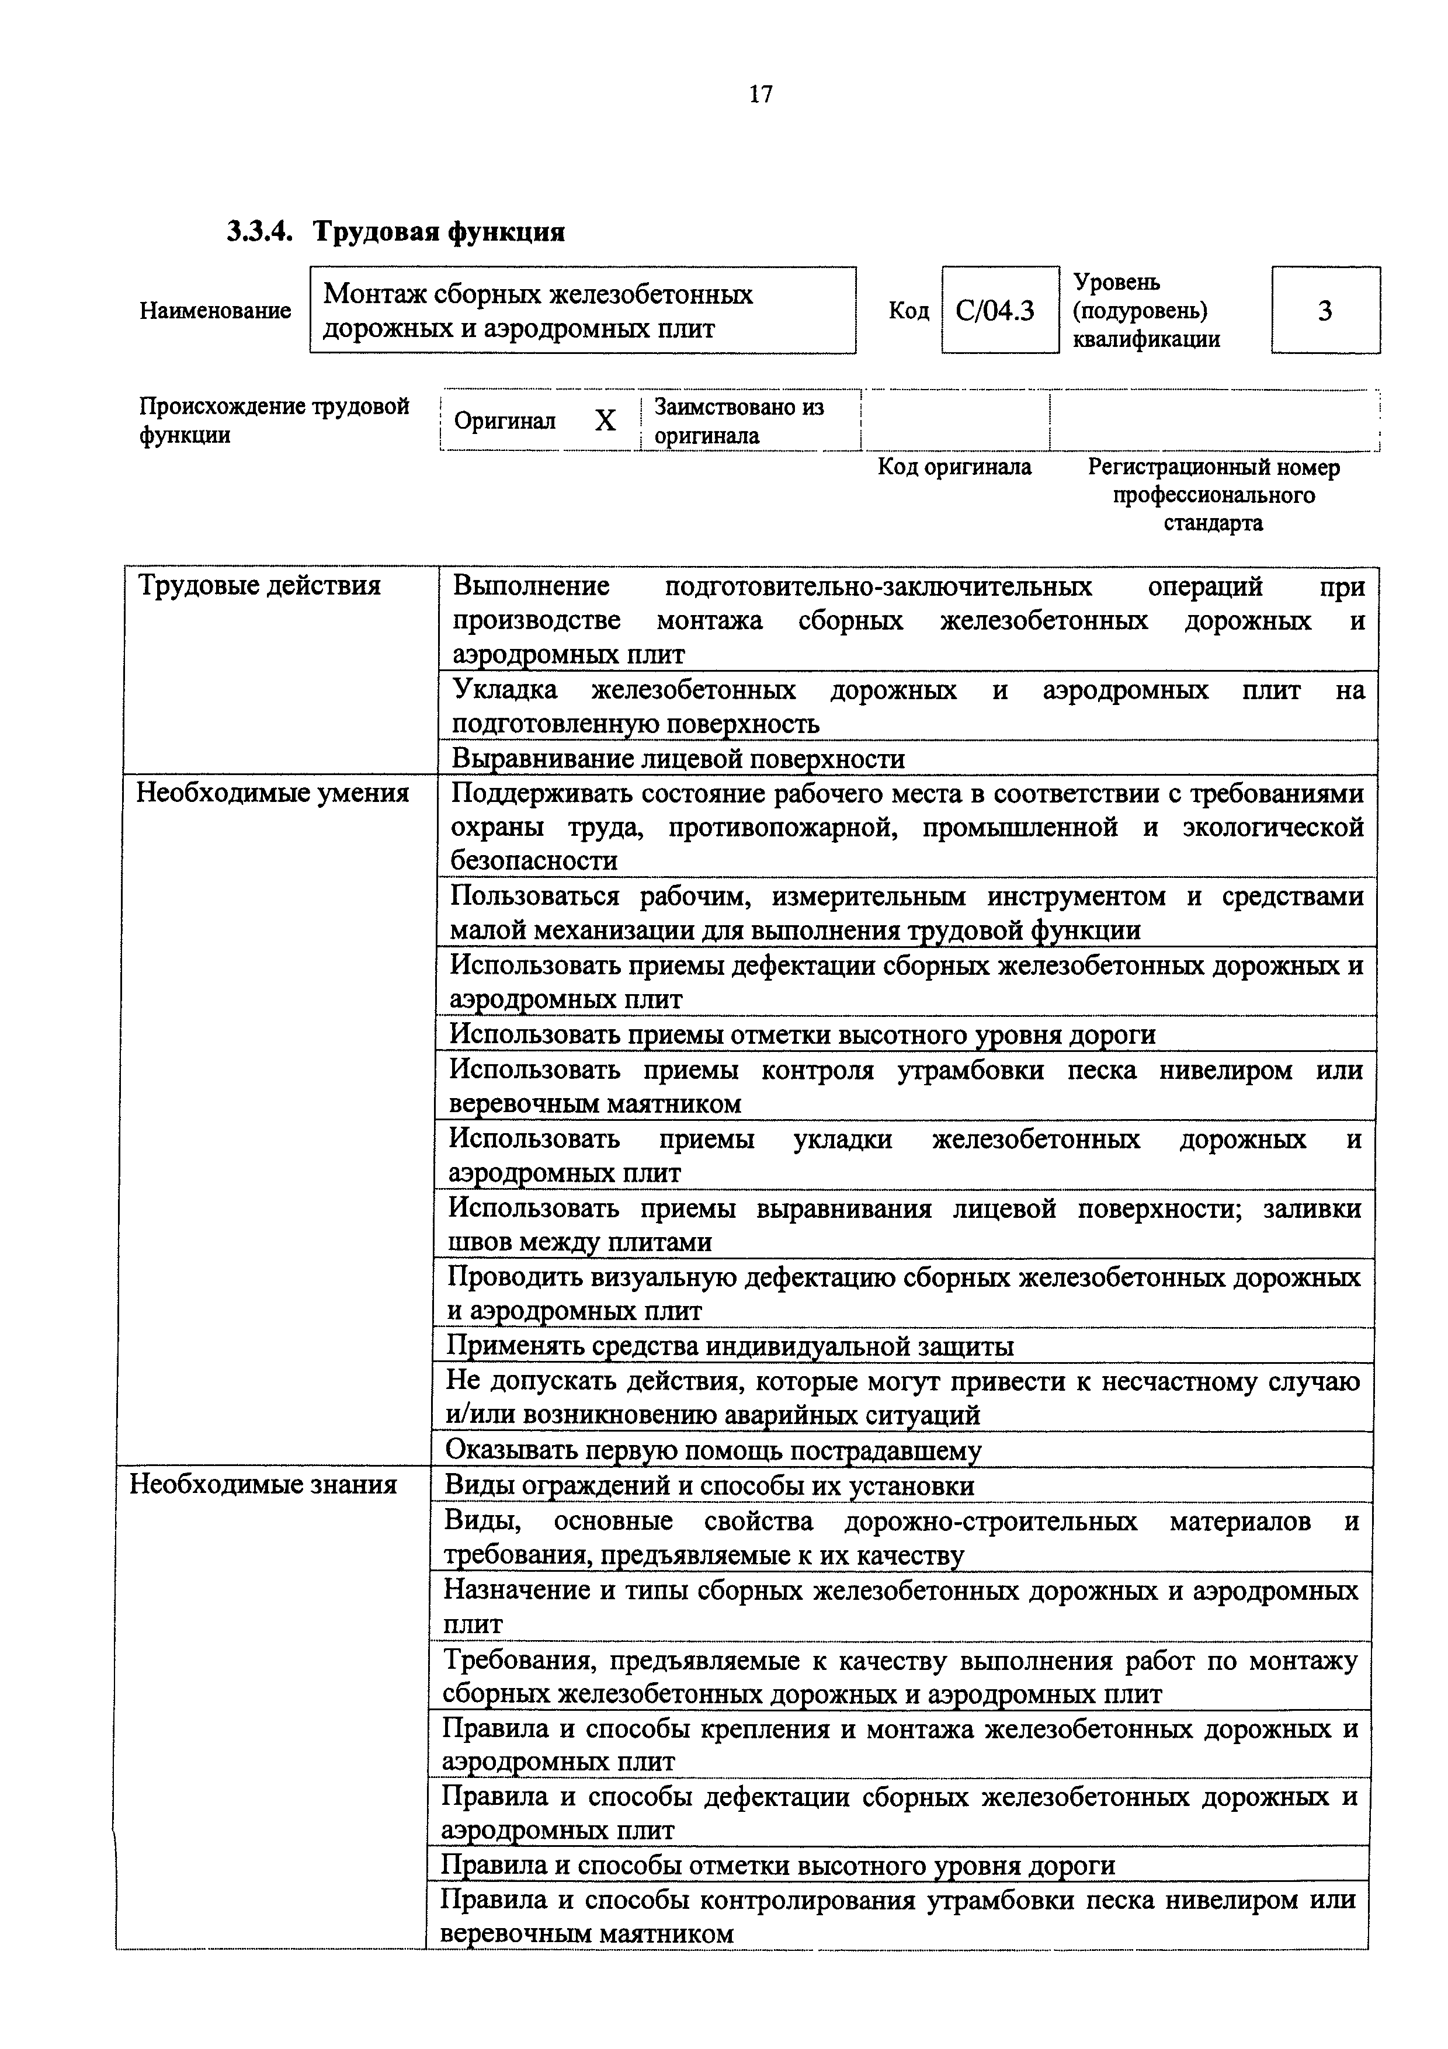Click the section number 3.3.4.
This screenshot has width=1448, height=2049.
click(x=259, y=232)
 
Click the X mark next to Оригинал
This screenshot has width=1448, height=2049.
click(x=605, y=421)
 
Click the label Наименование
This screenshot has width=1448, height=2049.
click(x=215, y=311)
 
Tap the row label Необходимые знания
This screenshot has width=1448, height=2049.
click(x=263, y=1484)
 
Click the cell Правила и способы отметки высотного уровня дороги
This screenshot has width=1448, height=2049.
click(x=778, y=1865)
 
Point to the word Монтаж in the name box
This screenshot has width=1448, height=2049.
click(x=369, y=294)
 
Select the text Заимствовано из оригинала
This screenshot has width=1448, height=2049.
click(x=739, y=421)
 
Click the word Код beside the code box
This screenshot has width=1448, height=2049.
click(x=908, y=311)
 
